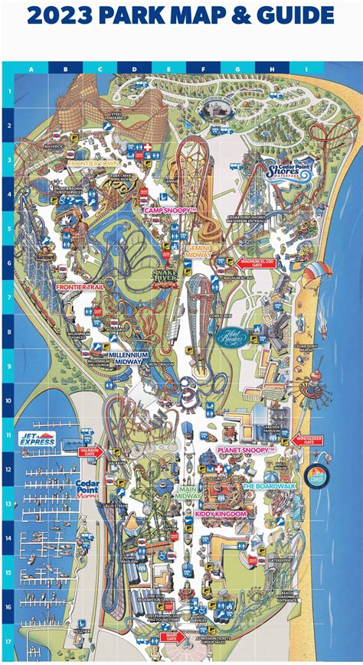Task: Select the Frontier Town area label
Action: pyautogui.click(x=92, y=163)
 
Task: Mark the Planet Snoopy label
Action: pyautogui.click(x=246, y=451)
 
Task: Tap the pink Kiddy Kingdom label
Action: pyautogui.click(x=221, y=514)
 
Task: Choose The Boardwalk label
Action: pyautogui.click(x=268, y=486)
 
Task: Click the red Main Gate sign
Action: pyautogui.click(x=171, y=634)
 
